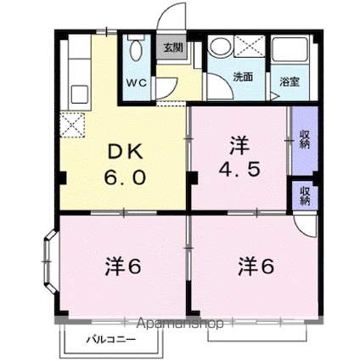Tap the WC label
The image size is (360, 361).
click(137, 82)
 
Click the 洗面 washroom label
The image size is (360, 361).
click(243, 77)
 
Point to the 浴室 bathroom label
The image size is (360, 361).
click(290, 82)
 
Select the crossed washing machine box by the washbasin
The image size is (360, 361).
click(249, 48)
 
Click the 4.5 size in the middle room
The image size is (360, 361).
click(241, 166)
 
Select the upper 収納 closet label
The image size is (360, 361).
click(304, 138)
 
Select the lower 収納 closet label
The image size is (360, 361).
click(304, 195)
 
